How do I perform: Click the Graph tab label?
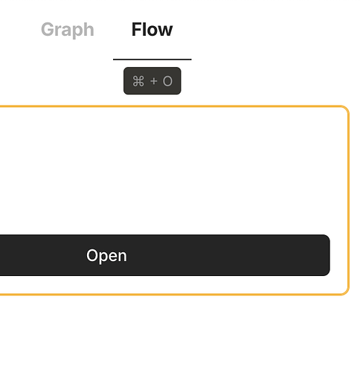[68, 30]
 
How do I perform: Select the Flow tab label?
[152, 29]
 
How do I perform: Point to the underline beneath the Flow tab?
[152, 60]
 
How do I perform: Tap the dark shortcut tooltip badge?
[152, 80]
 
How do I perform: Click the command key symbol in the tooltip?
[138, 81]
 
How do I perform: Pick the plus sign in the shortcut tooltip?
[154, 81]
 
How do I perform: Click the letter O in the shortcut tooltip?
[167, 81]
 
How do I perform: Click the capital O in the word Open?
[92, 255]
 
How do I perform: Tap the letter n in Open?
[122, 257]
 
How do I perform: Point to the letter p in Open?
[104, 258]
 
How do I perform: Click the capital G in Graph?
[48, 29]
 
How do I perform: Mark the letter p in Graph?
[77, 32]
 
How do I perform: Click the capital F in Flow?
[137, 29]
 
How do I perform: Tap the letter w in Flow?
[165, 31]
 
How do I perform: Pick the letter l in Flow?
[144, 29]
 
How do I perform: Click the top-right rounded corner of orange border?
[346, 109]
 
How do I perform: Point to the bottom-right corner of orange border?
[346, 292]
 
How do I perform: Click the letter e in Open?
[113, 257]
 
